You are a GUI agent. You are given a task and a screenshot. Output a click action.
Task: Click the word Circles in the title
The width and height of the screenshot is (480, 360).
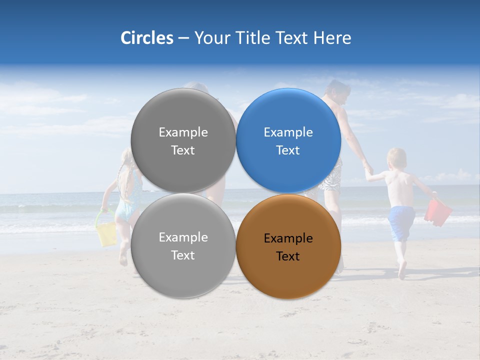(x=146, y=38)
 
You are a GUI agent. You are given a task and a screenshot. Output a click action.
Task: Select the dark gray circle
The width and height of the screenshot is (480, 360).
(x=183, y=140)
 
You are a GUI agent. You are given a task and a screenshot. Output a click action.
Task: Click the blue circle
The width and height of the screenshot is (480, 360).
(x=288, y=140)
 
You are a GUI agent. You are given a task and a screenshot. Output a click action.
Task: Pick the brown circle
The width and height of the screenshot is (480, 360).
(x=288, y=246)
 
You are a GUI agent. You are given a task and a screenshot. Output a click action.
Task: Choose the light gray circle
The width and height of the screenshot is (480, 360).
(x=183, y=246)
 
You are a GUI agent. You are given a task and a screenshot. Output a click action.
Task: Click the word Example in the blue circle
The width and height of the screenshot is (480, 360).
(x=288, y=132)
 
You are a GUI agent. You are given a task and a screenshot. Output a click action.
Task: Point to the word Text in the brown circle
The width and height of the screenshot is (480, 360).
(x=288, y=256)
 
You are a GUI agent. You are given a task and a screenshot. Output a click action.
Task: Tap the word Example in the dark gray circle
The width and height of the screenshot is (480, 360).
(x=183, y=132)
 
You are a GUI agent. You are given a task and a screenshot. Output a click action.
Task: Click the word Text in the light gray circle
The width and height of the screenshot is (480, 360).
(x=183, y=255)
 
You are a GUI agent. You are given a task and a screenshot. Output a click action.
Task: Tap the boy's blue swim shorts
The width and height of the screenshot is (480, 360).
(x=401, y=221)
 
